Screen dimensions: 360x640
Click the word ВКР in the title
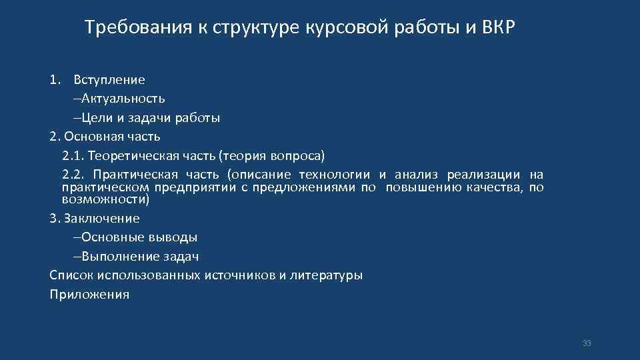497,28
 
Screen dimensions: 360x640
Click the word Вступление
109,80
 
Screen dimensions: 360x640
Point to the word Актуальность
119,99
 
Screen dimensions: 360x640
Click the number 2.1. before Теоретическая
73,156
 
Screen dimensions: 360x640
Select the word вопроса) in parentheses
297,156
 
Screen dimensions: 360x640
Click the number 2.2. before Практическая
73,175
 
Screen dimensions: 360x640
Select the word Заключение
101,218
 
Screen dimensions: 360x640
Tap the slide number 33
587,343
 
